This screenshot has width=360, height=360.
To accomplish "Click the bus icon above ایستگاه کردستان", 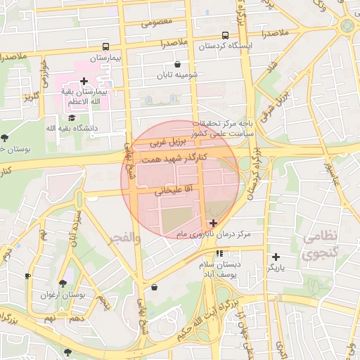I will pos(225,35).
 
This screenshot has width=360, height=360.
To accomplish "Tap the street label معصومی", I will pos(157,22).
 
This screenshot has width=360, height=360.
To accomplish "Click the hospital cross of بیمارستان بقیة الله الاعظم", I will pos(84,82).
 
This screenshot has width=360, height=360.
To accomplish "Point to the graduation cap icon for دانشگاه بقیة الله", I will pos(72,117).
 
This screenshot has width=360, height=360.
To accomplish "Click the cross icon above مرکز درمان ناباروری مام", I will pos(214,223).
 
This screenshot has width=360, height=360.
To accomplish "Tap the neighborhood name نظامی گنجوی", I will pos(320,245).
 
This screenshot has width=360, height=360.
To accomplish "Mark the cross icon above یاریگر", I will pos(276,257).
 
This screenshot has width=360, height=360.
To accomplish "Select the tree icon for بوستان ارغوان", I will pos(63,284).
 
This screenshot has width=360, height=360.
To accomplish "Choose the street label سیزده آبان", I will pos(76,228).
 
